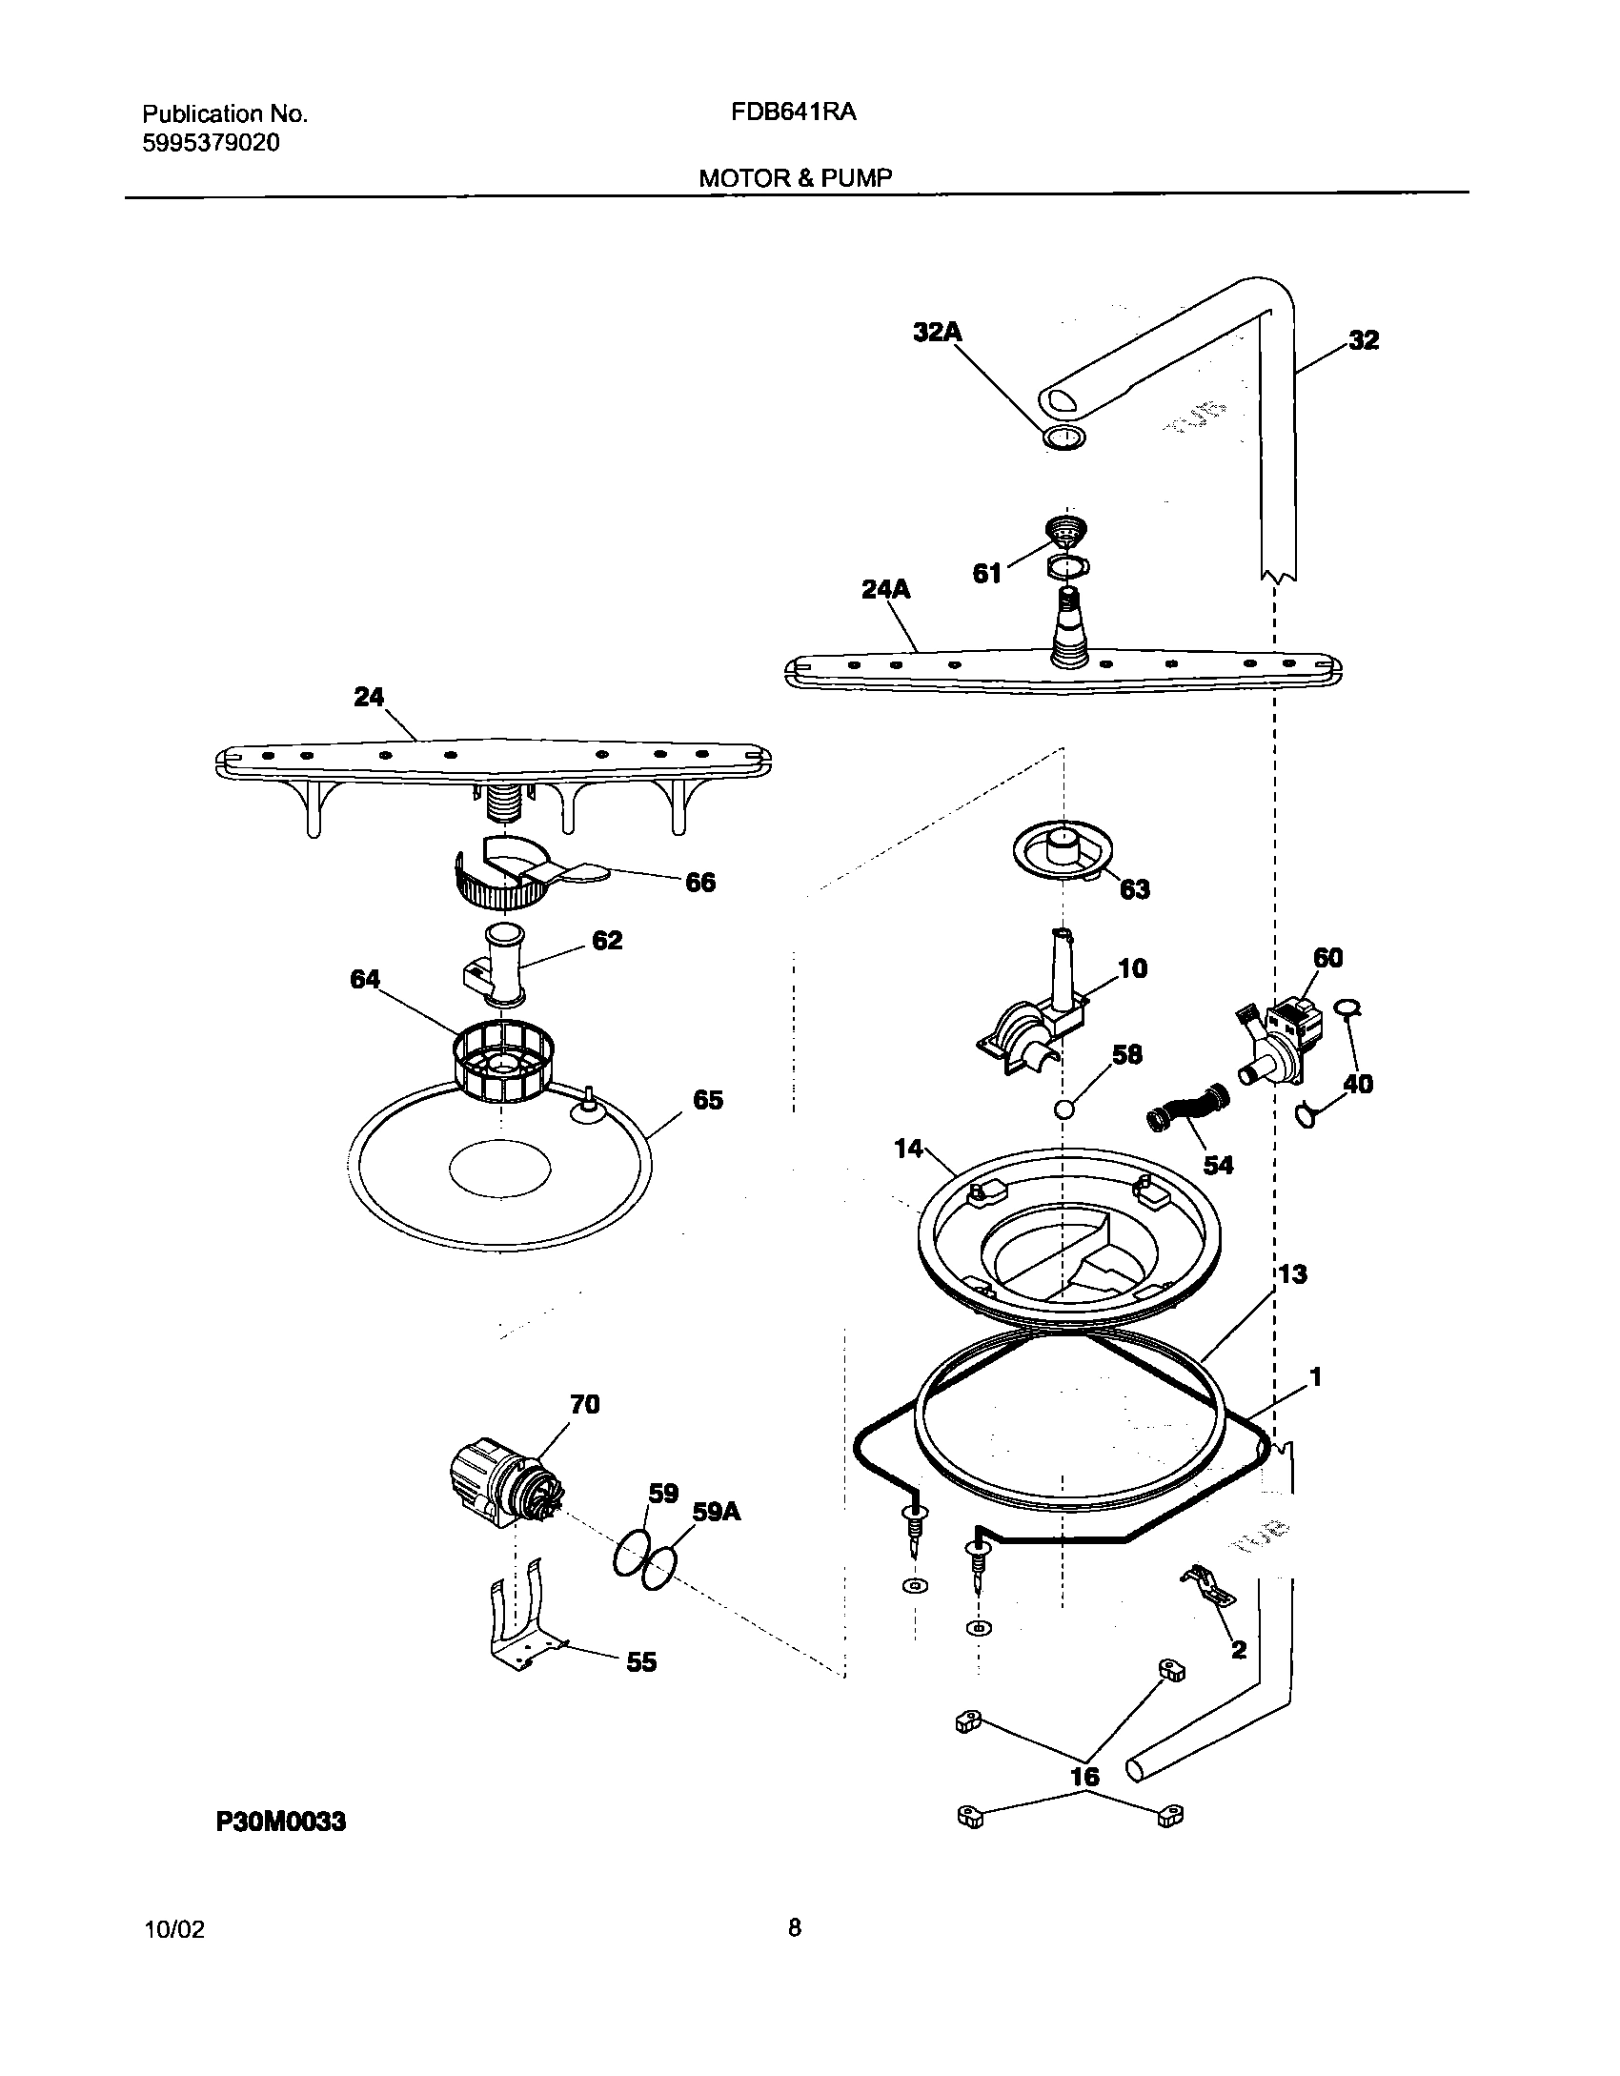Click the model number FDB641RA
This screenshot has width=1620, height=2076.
pyautogui.click(x=793, y=112)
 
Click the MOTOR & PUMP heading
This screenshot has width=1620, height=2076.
pyautogui.click(x=796, y=178)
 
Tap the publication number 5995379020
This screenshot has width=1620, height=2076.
pyautogui.click(x=212, y=144)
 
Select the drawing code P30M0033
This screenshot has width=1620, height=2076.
pyautogui.click(x=281, y=1822)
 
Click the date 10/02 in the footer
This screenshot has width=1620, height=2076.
pyautogui.click(x=173, y=1930)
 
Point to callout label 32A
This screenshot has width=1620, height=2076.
pyautogui.click(x=938, y=332)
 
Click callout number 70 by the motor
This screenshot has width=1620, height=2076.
pyautogui.click(x=584, y=1404)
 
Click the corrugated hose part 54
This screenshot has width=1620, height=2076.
pyautogui.click(x=1188, y=1112)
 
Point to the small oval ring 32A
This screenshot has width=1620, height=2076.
pyautogui.click(x=1063, y=438)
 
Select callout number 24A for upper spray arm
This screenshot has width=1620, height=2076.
pyautogui.click(x=885, y=590)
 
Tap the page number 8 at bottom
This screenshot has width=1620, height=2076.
pyautogui.click(x=794, y=1929)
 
